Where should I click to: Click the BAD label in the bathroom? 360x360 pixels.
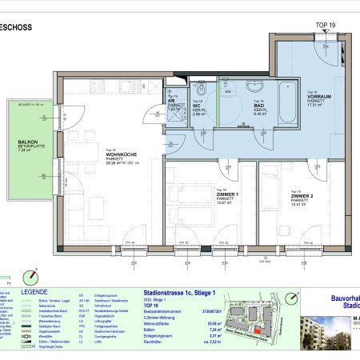[x=260, y=106]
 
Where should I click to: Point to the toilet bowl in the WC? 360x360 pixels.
[x=202, y=89]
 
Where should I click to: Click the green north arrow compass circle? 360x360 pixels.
[x=31, y=274]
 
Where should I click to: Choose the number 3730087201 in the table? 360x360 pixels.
[x=210, y=310]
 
